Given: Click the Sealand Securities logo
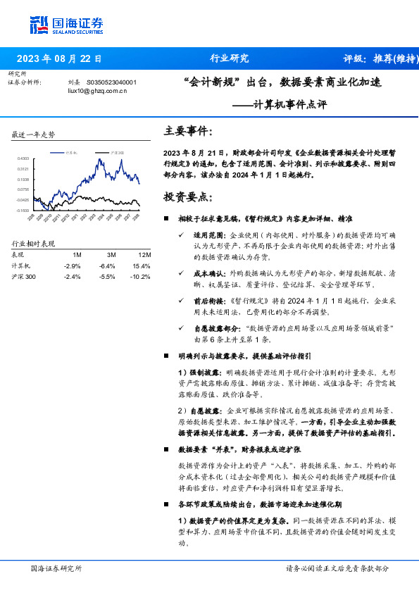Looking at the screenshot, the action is pyautogui.click(x=66, y=25).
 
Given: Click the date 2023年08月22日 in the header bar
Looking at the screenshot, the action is pyautogui.click(x=58, y=59).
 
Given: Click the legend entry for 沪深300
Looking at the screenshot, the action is pyautogui.click(x=115, y=152).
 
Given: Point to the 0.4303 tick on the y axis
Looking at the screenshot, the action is pyautogui.click(x=23, y=159).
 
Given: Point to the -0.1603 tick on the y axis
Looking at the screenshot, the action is pyautogui.click(x=23, y=210).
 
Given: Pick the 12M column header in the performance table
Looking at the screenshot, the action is pyautogui.click(x=144, y=254).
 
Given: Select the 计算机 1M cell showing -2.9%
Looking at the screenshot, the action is pyautogui.click(x=73, y=266).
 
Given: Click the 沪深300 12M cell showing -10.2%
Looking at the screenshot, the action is pyautogui.click(x=142, y=277).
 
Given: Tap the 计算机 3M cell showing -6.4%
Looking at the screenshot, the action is pyautogui.click(x=107, y=266).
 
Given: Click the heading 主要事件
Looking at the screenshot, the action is pyautogui.click(x=187, y=131).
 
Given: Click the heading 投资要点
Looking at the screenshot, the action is pyautogui.click(x=187, y=196).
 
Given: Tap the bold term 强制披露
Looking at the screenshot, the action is pyautogui.click(x=202, y=371).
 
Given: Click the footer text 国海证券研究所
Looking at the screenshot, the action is pyautogui.click(x=57, y=568).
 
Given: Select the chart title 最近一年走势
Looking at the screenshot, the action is pyautogui.click(x=33, y=135).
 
